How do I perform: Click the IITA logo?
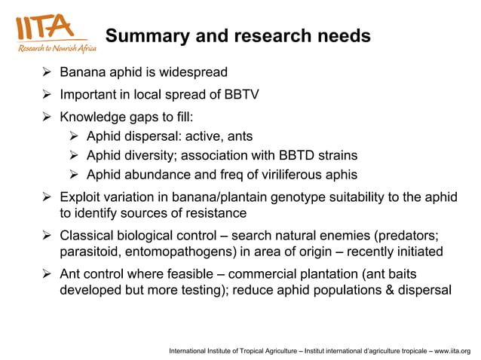click(51, 33)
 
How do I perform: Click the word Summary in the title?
click(142, 36)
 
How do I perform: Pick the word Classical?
click(87, 234)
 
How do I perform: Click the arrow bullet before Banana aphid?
click(47, 74)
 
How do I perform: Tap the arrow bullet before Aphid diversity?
click(74, 156)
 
